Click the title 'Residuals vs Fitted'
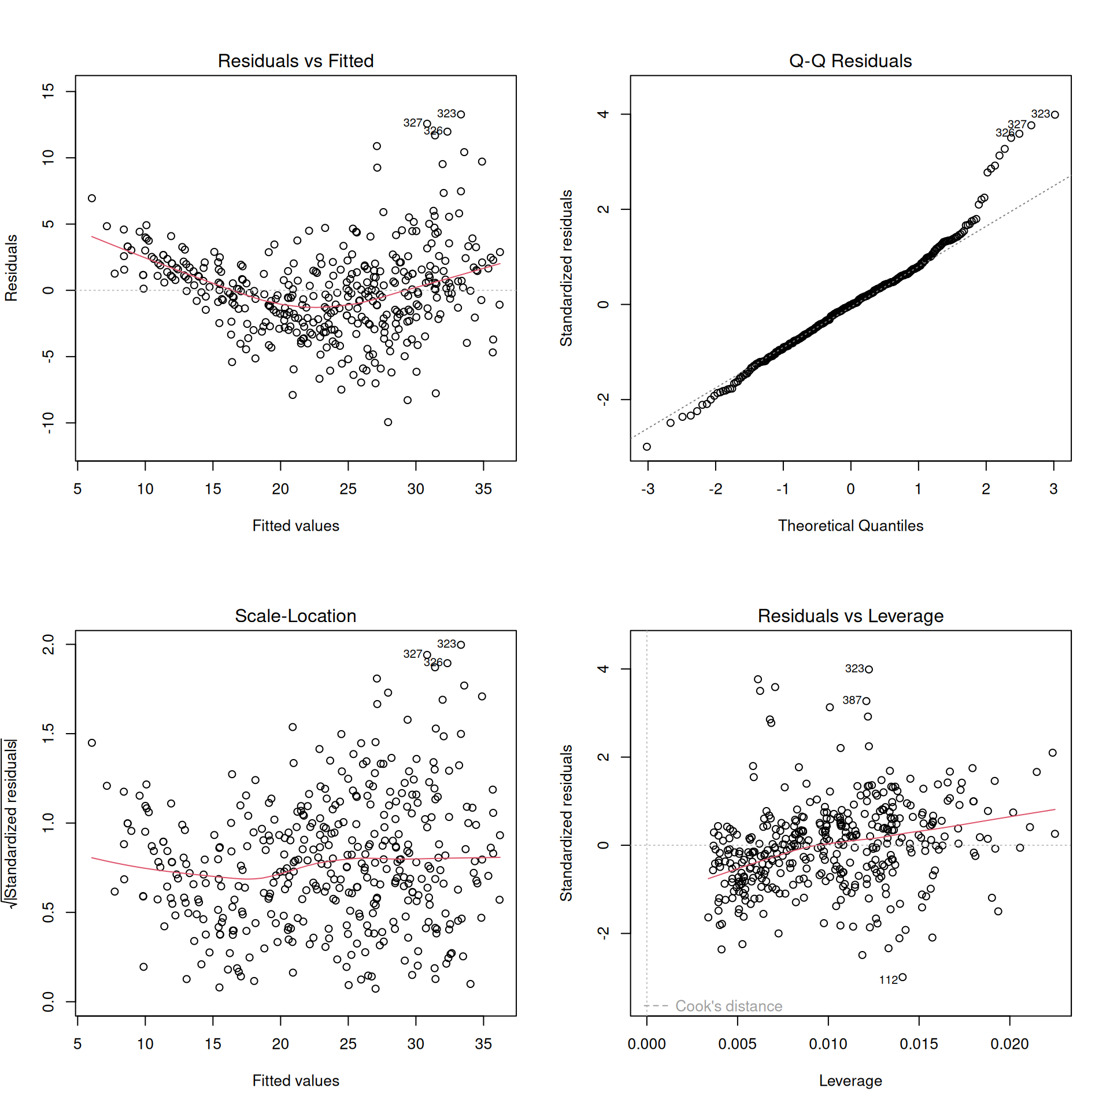[295, 61]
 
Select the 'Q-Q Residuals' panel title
[850, 61]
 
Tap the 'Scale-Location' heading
[295, 616]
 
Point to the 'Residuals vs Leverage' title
[850, 616]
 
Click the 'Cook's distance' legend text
[728, 1006]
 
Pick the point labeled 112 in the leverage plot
[902, 978]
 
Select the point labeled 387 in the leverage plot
[866, 701]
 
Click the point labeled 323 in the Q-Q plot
[1055, 114]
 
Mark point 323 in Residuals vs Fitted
[461, 114]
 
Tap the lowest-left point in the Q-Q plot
[647, 447]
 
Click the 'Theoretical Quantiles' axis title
[850, 526]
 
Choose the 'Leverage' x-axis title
[850, 1081]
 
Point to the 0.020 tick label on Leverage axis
[1009, 1044]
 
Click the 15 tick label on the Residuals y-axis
[49, 91]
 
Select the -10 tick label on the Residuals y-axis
[49, 423]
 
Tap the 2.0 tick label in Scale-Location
[49, 644]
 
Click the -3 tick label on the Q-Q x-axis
[647, 489]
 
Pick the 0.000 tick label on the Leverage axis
[646, 1044]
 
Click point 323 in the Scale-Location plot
[461, 645]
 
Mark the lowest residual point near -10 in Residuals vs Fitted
[388, 422]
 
